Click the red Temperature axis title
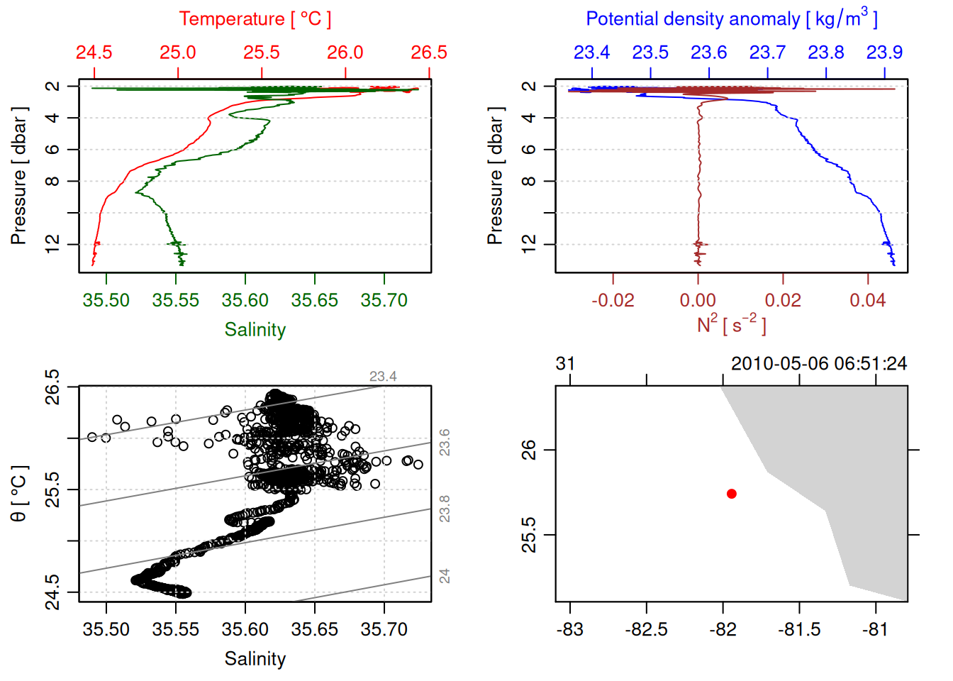pyautogui.click(x=255, y=19)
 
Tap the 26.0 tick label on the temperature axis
pyautogui.click(x=345, y=52)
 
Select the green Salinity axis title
pyautogui.click(x=255, y=330)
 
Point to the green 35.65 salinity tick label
pyautogui.click(x=315, y=301)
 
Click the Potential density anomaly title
pyautogui.click(x=731, y=19)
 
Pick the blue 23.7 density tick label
pyautogui.click(x=767, y=52)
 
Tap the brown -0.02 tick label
pyautogui.click(x=613, y=301)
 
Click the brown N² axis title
pyautogui.click(x=731, y=324)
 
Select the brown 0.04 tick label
pyautogui.click(x=868, y=301)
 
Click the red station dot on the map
pyautogui.click(x=732, y=494)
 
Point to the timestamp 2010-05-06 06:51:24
pyautogui.click(x=819, y=364)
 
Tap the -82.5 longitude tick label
pyautogui.click(x=646, y=630)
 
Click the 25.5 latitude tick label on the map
pyautogui.click(x=529, y=535)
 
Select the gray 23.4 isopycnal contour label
pyautogui.click(x=383, y=377)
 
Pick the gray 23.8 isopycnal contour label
pyautogui.click(x=445, y=509)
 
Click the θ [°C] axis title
pyautogui.click(x=19, y=494)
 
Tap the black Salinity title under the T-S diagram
pyautogui.click(x=255, y=659)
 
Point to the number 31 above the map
pyautogui.click(x=565, y=364)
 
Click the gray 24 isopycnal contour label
pyautogui.click(x=445, y=576)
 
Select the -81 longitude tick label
pyautogui.click(x=875, y=630)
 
